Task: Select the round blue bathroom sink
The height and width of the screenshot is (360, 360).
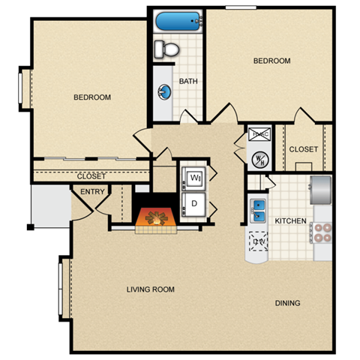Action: point(164,92)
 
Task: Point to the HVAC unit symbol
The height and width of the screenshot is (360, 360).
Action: point(259,135)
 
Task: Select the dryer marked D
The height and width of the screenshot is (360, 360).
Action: point(194,203)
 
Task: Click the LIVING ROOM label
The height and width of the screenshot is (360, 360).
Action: point(151,289)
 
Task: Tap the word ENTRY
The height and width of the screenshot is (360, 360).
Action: point(91,192)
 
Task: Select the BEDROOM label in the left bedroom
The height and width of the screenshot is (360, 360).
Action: point(92,97)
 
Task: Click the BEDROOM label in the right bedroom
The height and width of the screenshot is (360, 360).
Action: point(271,61)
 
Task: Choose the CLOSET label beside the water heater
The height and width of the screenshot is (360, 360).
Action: point(304,149)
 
